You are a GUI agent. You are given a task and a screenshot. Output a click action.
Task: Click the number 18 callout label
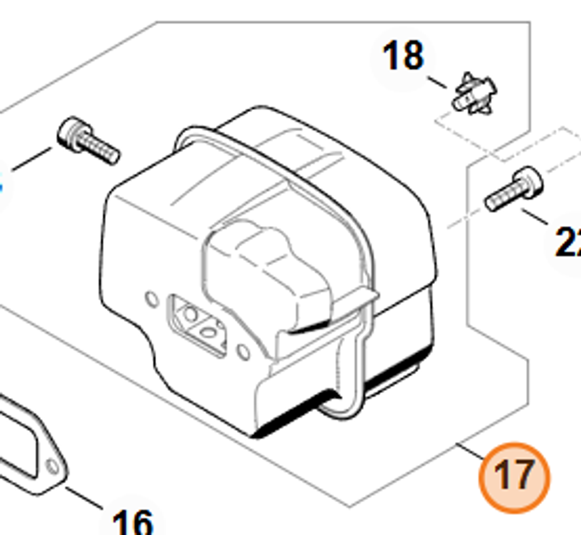point(403,56)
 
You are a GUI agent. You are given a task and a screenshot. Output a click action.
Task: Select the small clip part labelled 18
point(475,95)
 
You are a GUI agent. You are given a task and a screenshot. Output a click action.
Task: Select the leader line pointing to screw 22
point(535,217)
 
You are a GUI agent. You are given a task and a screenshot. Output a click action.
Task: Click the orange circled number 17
point(514,476)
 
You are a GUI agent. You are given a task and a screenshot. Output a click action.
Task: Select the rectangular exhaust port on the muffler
point(198,325)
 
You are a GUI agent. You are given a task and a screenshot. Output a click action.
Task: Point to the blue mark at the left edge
point(1,186)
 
